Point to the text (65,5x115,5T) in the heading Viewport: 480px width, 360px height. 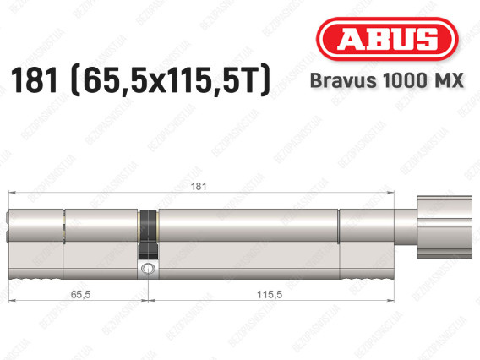pyautogui.click(x=167, y=82)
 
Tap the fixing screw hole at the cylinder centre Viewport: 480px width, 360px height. pyautogui.click(x=149, y=269)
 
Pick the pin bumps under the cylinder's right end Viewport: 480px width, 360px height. pyautogui.click(x=367, y=276)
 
